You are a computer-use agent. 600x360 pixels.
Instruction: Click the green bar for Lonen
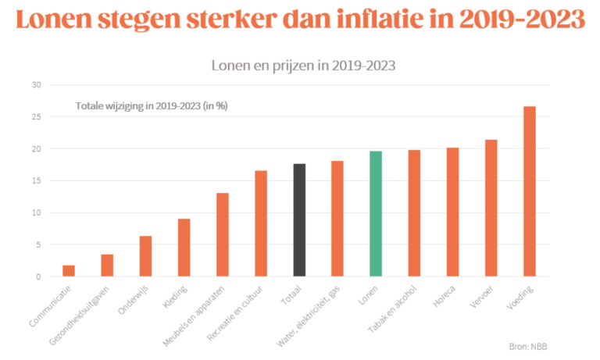376,213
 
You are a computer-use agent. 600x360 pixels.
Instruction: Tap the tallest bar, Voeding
530,191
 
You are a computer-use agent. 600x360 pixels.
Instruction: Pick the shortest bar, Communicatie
69,270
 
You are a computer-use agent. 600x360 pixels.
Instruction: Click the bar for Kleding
184,248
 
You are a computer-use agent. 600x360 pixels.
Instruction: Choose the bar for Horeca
452,212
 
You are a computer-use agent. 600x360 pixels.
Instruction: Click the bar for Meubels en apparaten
222,234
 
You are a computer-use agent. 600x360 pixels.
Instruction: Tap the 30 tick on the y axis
36,84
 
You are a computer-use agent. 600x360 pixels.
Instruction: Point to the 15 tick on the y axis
36,180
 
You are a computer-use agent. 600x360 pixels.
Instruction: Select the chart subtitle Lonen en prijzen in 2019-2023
303,65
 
